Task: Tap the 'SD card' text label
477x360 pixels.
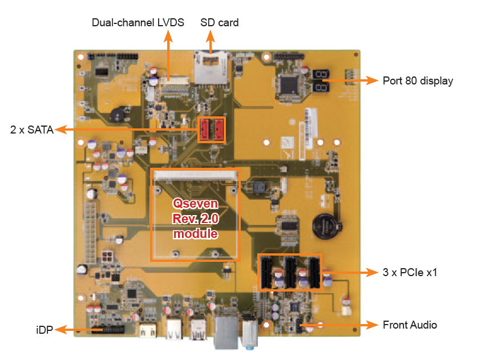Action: click(x=219, y=23)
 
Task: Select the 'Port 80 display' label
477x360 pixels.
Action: click(x=418, y=81)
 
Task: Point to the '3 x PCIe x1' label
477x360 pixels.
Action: click(x=410, y=272)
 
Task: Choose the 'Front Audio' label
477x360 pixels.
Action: click(x=410, y=325)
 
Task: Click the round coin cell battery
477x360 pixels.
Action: click(x=326, y=225)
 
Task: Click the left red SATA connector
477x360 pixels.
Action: click(x=205, y=130)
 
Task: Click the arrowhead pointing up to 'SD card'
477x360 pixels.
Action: click(x=211, y=35)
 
